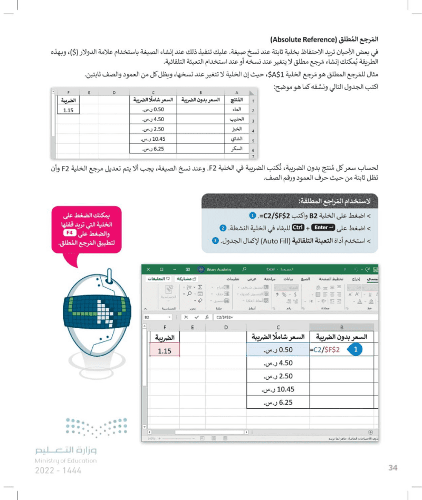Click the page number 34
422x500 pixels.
(392, 467)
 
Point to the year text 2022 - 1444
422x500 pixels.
(52, 470)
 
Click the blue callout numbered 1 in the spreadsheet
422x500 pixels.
(357, 349)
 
